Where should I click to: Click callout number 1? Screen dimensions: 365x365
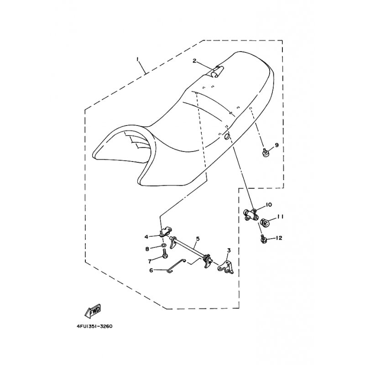tap(136, 59)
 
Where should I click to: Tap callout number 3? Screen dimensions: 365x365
tap(229, 250)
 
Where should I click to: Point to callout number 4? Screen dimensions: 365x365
tap(147, 237)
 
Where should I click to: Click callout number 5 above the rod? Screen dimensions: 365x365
tap(198, 239)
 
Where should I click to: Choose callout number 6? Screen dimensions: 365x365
tap(151, 270)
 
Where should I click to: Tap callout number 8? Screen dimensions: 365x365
tap(147, 249)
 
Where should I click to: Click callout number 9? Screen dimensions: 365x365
tap(276, 146)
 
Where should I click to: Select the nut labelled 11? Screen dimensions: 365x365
tap(265, 223)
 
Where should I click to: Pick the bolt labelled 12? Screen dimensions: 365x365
tap(264, 238)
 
